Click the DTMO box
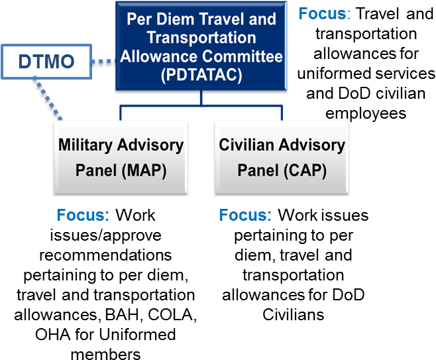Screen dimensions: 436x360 (x=46, y=62)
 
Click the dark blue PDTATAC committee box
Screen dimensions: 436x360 (x=201, y=46)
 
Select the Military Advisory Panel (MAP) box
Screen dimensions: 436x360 (x=121, y=157)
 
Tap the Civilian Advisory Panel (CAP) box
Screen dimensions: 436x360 (x=282, y=157)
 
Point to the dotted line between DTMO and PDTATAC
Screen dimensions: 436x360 (x=103, y=61)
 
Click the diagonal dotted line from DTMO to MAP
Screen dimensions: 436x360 (x=48, y=99)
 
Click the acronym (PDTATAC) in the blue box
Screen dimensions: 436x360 (x=201, y=75)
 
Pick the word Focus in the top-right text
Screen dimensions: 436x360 (x=322, y=13)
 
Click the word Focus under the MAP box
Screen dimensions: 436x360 (x=83, y=215)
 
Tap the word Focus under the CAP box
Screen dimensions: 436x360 (x=245, y=215)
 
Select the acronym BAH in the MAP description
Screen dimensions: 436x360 (x=122, y=315)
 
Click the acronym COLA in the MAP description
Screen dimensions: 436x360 (x=170, y=315)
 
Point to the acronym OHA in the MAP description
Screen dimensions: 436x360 (x=53, y=335)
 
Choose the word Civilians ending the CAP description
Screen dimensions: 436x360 (x=294, y=315)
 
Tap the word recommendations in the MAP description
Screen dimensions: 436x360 (x=105, y=255)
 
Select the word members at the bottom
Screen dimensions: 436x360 (x=105, y=354)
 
